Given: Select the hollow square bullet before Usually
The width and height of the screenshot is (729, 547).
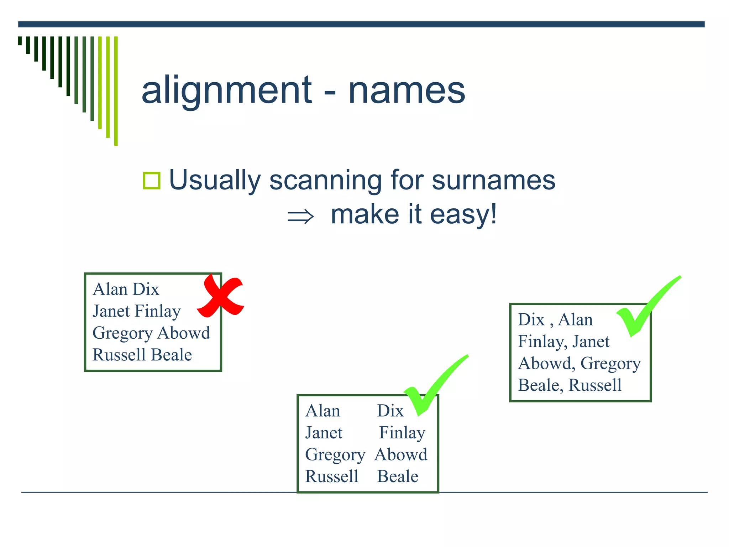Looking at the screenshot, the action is coord(151,181).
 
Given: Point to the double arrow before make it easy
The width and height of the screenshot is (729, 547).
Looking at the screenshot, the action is coord(300,217).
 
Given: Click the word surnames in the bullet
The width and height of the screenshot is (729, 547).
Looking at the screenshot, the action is coord(493,180).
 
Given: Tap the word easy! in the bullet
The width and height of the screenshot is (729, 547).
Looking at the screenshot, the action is coord(463,214).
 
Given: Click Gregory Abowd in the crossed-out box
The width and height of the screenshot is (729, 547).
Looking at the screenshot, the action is coord(151,333).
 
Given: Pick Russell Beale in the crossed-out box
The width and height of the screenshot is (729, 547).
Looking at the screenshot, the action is coord(142,355).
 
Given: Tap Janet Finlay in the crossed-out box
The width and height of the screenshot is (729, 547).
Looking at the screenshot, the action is coord(137,311).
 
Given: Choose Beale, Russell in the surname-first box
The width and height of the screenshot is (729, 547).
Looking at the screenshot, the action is coord(570,385).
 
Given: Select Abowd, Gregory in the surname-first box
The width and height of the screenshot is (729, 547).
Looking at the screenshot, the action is coord(579,364).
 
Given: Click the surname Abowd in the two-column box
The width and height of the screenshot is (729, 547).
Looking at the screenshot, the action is coord(401,455).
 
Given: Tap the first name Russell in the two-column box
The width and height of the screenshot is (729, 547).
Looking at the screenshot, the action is coord(332,476).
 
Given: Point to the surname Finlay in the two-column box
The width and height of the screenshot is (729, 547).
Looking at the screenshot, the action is coord(402,433).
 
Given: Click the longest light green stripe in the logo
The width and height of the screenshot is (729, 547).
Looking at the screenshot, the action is coord(116,91).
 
